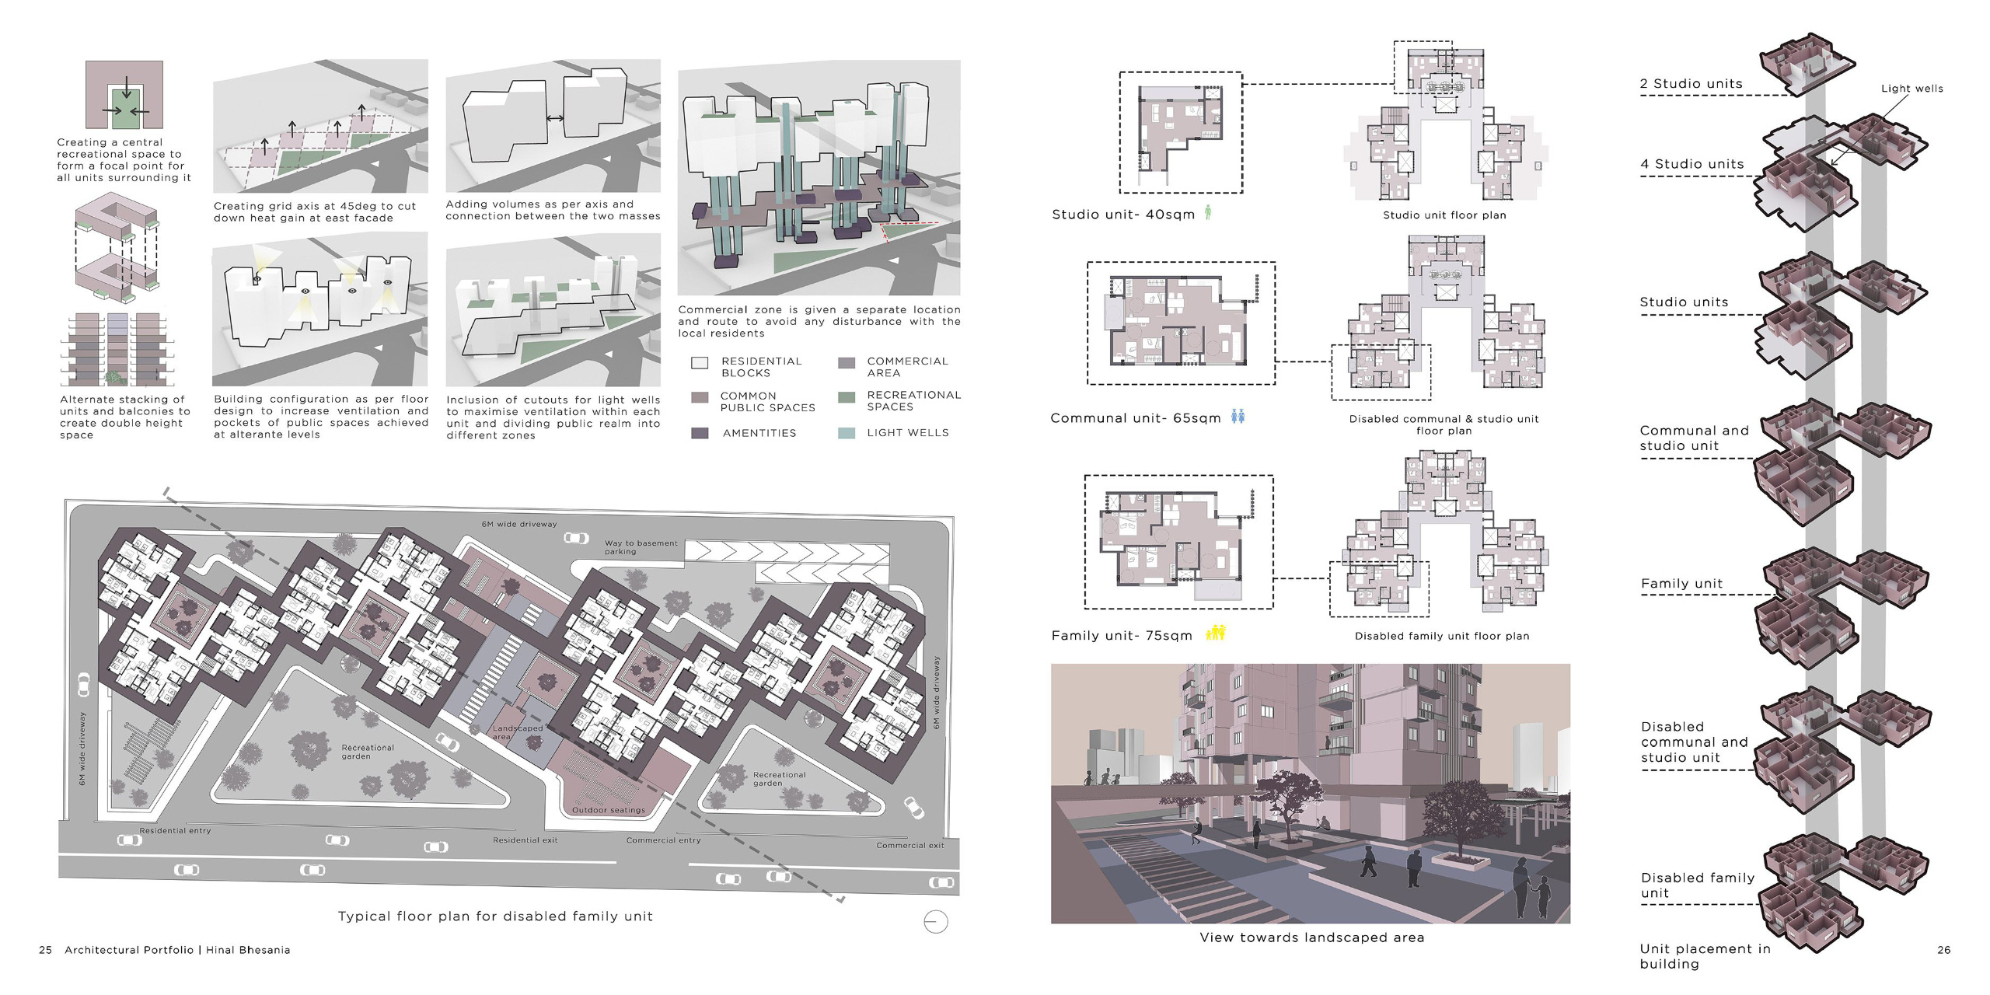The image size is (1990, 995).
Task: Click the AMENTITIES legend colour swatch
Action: pyautogui.click(x=700, y=433)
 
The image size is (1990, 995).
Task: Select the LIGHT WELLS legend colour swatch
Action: pyautogui.click(x=847, y=433)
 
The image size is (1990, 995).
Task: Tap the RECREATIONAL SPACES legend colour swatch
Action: pyautogui.click(x=847, y=398)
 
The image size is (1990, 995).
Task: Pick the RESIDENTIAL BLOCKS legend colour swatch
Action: pyautogui.click(x=700, y=363)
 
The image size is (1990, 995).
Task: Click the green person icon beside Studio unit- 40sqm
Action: pyautogui.click(x=1208, y=211)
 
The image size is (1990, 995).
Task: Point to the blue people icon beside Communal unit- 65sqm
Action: pyautogui.click(x=1238, y=417)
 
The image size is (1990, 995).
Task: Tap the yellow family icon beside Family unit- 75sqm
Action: pyautogui.click(x=1216, y=633)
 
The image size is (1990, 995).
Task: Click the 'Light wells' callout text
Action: pyautogui.click(x=1911, y=89)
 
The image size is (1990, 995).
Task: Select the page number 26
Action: pyautogui.click(x=1943, y=950)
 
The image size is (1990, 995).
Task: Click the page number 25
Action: pyautogui.click(x=46, y=950)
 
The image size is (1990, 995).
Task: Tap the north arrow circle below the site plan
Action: pyautogui.click(x=935, y=922)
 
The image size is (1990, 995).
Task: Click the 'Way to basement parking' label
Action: pyautogui.click(x=641, y=547)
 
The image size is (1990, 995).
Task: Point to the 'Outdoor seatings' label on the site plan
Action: pyautogui.click(x=608, y=810)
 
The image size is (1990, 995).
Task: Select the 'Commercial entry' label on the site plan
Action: pyautogui.click(x=663, y=840)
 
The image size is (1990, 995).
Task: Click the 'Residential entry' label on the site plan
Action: pyautogui.click(x=175, y=831)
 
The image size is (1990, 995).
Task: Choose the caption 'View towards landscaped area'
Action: pyautogui.click(x=1311, y=937)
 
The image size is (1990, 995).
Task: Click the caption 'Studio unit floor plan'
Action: pyautogui.click(x=1444, y=215)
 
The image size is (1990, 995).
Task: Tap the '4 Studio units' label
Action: pyautogui.click(x=1691, y=164)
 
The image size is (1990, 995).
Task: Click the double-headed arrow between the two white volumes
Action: pyautogui.click(x=555, y=119)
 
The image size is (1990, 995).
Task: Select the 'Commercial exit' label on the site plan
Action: pyautogui.click(x=909, y=846)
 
